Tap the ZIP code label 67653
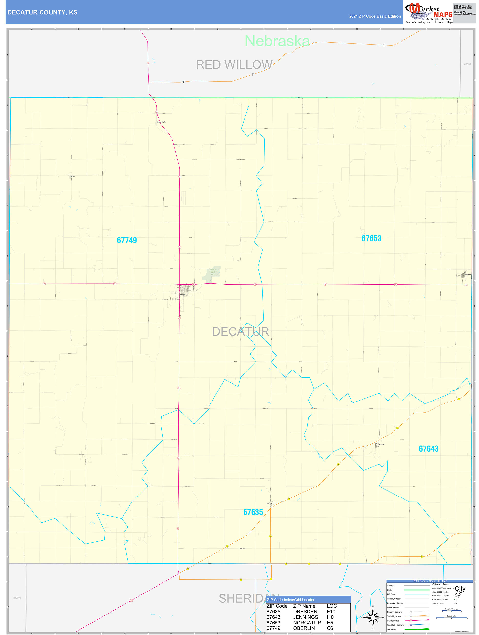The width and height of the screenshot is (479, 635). click(x=371, y=239)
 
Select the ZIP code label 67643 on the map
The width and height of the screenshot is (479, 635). click(x=428, y=449)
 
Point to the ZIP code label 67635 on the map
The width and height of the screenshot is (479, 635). click(x=253, y=512)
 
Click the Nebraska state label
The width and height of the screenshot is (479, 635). click(x=277, y=41)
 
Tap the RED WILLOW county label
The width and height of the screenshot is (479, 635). click(x=234, y=65)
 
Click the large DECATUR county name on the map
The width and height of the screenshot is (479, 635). click(x=240, y=332)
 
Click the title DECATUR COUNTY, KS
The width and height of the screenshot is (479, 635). click(x=42, y=12)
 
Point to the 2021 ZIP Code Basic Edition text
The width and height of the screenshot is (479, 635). click(x=375, y=16)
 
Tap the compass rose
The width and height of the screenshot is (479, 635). click(x=373, y=617)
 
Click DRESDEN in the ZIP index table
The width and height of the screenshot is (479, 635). click(x=305, y=612)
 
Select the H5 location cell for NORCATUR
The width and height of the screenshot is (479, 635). click(x=330, y=623)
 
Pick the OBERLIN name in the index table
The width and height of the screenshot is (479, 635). click(x=304, y=628)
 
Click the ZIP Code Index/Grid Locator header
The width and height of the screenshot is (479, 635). click(x=291, y=600)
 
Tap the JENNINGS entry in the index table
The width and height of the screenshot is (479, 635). click(x=305, y=617)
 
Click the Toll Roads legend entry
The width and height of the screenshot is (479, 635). click(x=392, y=630)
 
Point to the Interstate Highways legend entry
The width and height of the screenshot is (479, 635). click(x=395, y=625)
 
